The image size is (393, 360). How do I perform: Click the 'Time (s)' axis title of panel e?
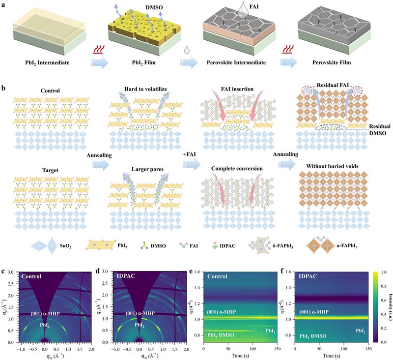click(249, 354)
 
